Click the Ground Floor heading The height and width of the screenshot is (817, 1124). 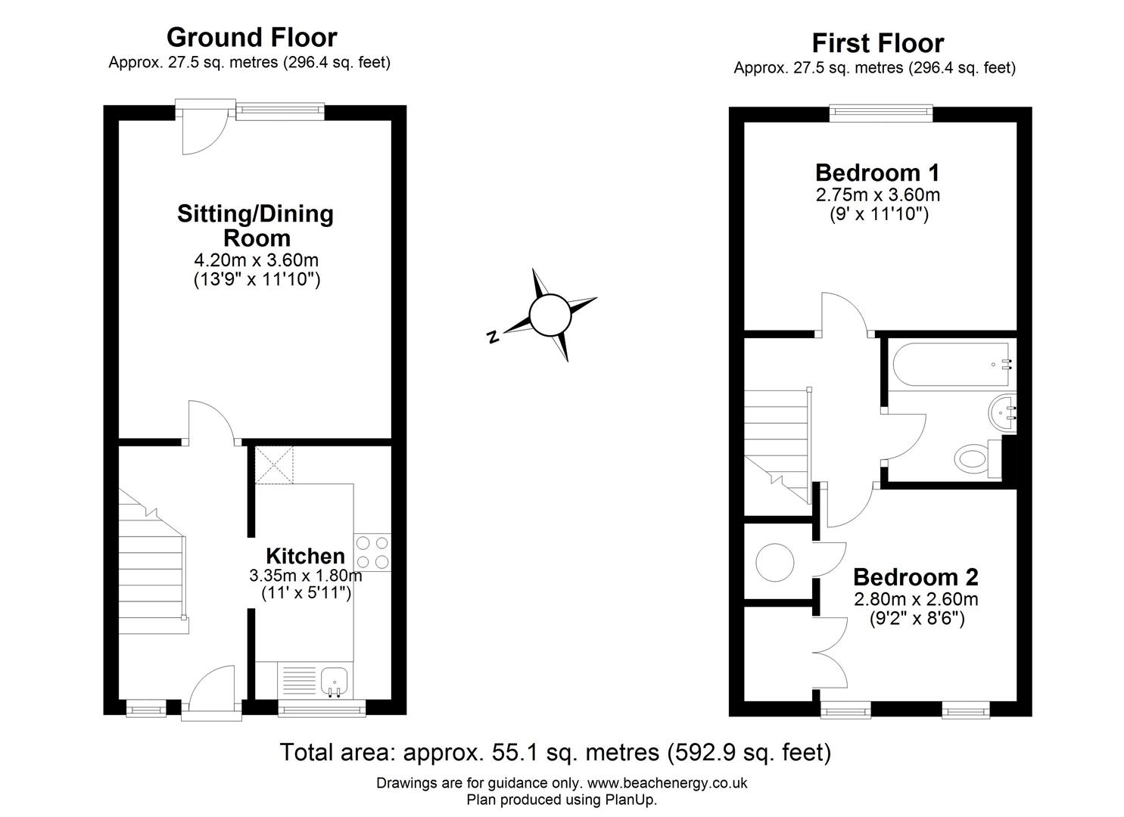point(251,37)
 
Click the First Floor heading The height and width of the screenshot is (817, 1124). point(877,42)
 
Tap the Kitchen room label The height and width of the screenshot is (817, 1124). point(305,557)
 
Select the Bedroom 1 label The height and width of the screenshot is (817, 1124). point(877,172)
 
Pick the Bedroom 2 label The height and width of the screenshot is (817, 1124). point(915,577)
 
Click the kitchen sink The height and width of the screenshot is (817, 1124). point(334,681)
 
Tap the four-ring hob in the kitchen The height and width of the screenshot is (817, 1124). point(372,551)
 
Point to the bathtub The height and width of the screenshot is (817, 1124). point(951,365)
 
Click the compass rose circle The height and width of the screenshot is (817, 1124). point(549,315)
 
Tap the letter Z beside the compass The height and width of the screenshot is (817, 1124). point(493,337)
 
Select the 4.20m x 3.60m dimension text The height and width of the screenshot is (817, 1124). point(256,260)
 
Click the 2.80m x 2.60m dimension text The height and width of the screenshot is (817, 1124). point(915,600)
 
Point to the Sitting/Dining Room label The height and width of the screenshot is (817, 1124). point(255,225)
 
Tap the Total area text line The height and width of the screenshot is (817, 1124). point(556,753)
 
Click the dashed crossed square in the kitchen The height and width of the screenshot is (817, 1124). point(274,464)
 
